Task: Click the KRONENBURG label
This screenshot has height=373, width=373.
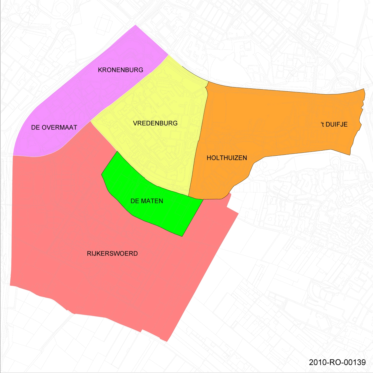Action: coord(120,70)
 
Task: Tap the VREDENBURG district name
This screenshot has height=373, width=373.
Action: coord(155,123)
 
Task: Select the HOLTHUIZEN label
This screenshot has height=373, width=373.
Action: coord(227,158)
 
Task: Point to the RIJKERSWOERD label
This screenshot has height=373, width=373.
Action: coord(112,254)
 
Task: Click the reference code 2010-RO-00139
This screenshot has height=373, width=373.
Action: coord(337,362)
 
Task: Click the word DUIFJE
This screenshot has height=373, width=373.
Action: coord(337,124)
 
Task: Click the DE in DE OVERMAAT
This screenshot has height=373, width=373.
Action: coord(36,127)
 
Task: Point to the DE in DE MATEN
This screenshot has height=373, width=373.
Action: coord(135,201)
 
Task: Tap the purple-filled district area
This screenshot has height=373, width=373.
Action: coord(89,89)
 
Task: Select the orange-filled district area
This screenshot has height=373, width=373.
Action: coord(281,125)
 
